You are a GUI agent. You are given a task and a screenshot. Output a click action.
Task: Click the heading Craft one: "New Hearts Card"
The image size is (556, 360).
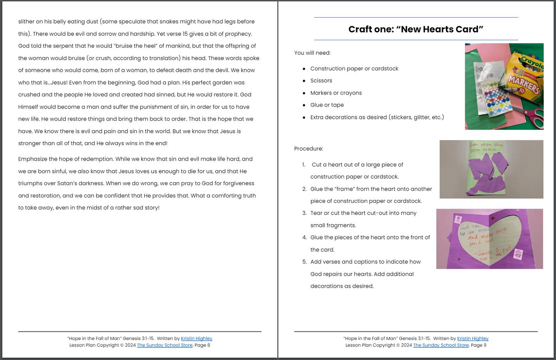[x=416, y=29]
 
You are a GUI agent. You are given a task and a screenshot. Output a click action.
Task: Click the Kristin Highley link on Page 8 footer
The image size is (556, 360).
[x=196, y=338]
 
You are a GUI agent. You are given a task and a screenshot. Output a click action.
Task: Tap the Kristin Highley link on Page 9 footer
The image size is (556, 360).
[x=473, y=338]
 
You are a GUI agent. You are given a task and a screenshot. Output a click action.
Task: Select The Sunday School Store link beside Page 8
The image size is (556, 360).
[x=165, y=345]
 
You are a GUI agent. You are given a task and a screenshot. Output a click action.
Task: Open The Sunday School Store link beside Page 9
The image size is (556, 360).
[x=441, y=345]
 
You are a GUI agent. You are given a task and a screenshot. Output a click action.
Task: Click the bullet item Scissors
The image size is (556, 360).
[x=321, y=80]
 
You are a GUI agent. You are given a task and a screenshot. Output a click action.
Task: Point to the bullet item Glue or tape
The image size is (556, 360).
[x=327, y=105]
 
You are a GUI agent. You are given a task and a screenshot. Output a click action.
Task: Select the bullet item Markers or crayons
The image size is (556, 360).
[x=336, y=93]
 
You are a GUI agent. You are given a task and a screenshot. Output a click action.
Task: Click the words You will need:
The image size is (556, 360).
[x=312, y=53]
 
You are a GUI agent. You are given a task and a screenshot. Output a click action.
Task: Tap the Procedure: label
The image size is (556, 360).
[x=309, y=149]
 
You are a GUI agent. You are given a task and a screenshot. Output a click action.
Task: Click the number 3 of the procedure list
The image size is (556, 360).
[x=304, y=213]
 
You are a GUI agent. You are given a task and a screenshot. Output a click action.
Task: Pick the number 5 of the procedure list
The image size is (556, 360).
[x=304, y=262]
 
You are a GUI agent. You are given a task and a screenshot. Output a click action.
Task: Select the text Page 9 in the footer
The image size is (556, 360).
[x=479, y=345]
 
